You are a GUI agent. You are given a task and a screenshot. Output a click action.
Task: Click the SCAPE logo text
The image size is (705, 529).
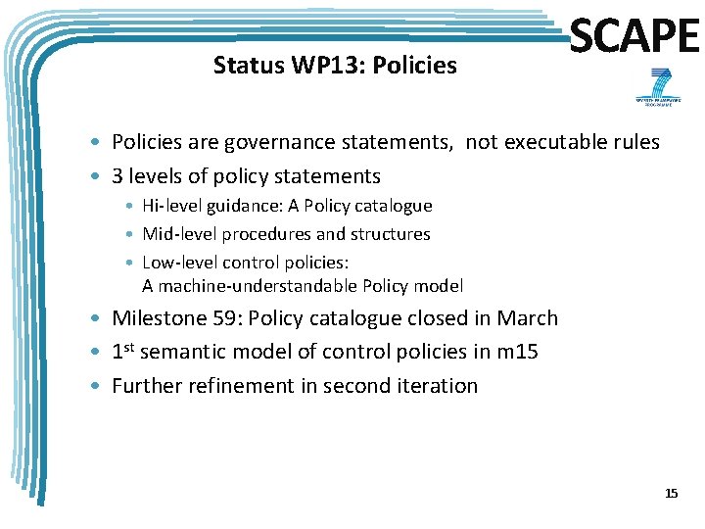click(x=634, y=36)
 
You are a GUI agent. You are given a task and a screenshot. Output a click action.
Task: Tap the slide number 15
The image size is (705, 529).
click(x=671, y=493)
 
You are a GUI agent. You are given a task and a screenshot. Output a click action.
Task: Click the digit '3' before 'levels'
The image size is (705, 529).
click(x=117, y=176)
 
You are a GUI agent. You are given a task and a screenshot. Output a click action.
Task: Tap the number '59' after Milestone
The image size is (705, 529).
click(x=224, y=318)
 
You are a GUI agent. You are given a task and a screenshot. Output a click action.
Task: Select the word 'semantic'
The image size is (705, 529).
click(x=192, y=352)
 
